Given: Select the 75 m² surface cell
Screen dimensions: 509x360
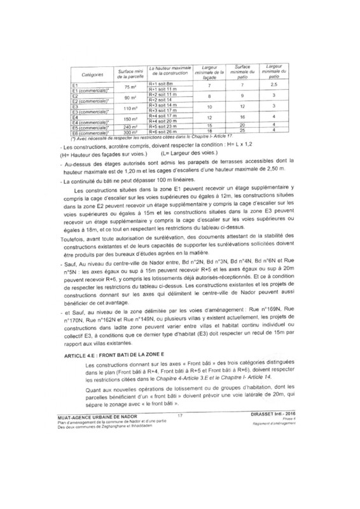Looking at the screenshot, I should (x=130, y=87).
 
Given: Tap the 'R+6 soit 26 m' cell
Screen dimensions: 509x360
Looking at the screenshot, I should (x=163, y=130).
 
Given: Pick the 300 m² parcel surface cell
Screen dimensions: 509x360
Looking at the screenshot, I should (x=129, y=131).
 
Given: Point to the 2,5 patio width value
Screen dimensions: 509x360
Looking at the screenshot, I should (x=273, y=85).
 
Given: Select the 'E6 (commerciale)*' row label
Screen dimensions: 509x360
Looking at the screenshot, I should (x=90, y=131).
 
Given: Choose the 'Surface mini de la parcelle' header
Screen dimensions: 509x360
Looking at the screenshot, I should (x=129, y=73).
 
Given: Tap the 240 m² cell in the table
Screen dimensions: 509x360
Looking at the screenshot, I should (x=130, y=126).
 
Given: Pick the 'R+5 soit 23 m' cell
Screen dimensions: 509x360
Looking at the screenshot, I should (x=163, y=126).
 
